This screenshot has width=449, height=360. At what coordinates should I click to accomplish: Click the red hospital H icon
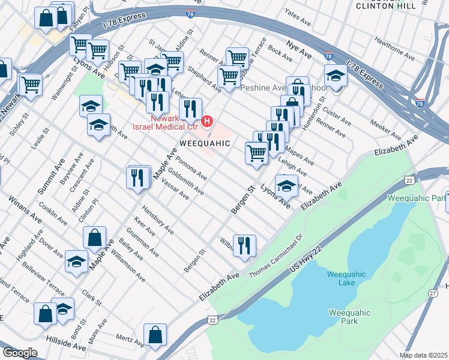click(x=207, y=122)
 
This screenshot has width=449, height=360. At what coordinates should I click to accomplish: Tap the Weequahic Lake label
click(x=345, y=278)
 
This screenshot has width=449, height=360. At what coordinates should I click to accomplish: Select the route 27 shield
click(x=432, y=293)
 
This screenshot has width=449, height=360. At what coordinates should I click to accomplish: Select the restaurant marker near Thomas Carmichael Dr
click(x=244, y=245)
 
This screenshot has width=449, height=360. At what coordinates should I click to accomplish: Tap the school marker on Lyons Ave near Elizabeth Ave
click(x=286, y=184)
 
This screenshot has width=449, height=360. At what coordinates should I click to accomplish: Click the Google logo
click(x=20, y=353)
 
